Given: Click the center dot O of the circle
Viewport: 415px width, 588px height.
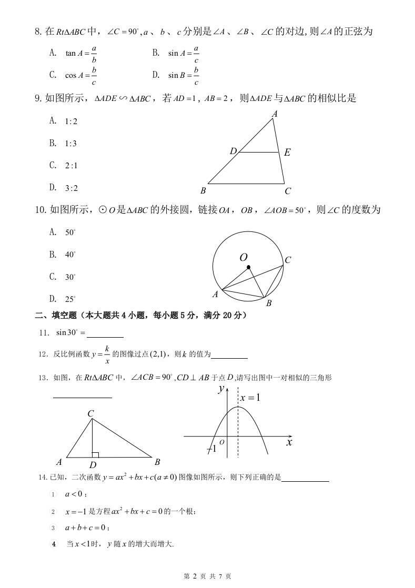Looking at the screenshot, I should pyautogui.click(x=249, y=267).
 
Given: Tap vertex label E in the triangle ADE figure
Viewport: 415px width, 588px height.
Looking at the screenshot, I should pyautogui.click(x=287, y=153).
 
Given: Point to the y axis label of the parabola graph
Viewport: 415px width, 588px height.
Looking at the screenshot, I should pyautogui.click(x=221, y=389).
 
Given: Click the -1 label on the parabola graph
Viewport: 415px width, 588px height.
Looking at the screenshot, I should pyautogui.click(x=211, y=449).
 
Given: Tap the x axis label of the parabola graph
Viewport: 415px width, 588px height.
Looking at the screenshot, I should pyautogui.click(x=289, y=442).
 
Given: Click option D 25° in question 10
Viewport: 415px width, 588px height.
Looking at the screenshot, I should pyautogui.click(x=63, y=299).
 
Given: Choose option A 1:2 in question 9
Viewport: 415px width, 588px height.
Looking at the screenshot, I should pyautogui.click(x=64, y=121).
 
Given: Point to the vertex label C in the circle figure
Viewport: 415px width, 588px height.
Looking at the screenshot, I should pyautogui.click(x=288, y=260).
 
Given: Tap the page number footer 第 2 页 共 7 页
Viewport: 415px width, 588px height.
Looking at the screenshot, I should pyautogui.click(x=207, y=576).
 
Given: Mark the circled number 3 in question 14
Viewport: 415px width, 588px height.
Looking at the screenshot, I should pyautogui.click(x=53, y=528).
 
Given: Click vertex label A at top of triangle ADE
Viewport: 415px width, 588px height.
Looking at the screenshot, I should pyautogui.click(x=274, y=114).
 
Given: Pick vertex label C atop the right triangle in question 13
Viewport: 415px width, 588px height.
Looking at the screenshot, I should pyautogui.click(x=90, y=414).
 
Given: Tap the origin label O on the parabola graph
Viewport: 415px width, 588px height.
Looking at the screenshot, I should pyautogui.click(x=222, y=442).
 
